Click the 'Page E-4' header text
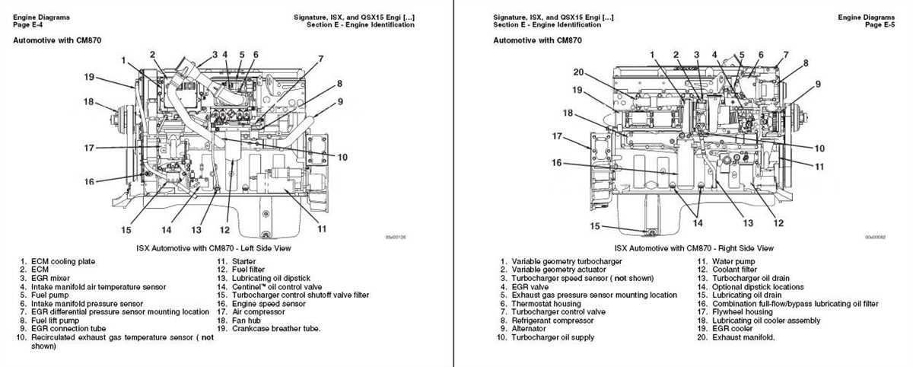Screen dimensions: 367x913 [x=28, y=24]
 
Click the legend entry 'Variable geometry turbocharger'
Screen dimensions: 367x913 [x=565, y=262]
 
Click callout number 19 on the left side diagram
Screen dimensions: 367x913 [x=89, y=77]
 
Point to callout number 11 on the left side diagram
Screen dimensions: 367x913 [x=322, y=228]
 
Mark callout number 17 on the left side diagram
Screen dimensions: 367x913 [x=89, y=148]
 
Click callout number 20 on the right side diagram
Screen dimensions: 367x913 [x=579, y=72]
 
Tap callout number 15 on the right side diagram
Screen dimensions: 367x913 [x=596, y=226]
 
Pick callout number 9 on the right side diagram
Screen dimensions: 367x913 [x=818, y=84]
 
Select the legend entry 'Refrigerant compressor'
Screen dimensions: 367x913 [x=552, y=321]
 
